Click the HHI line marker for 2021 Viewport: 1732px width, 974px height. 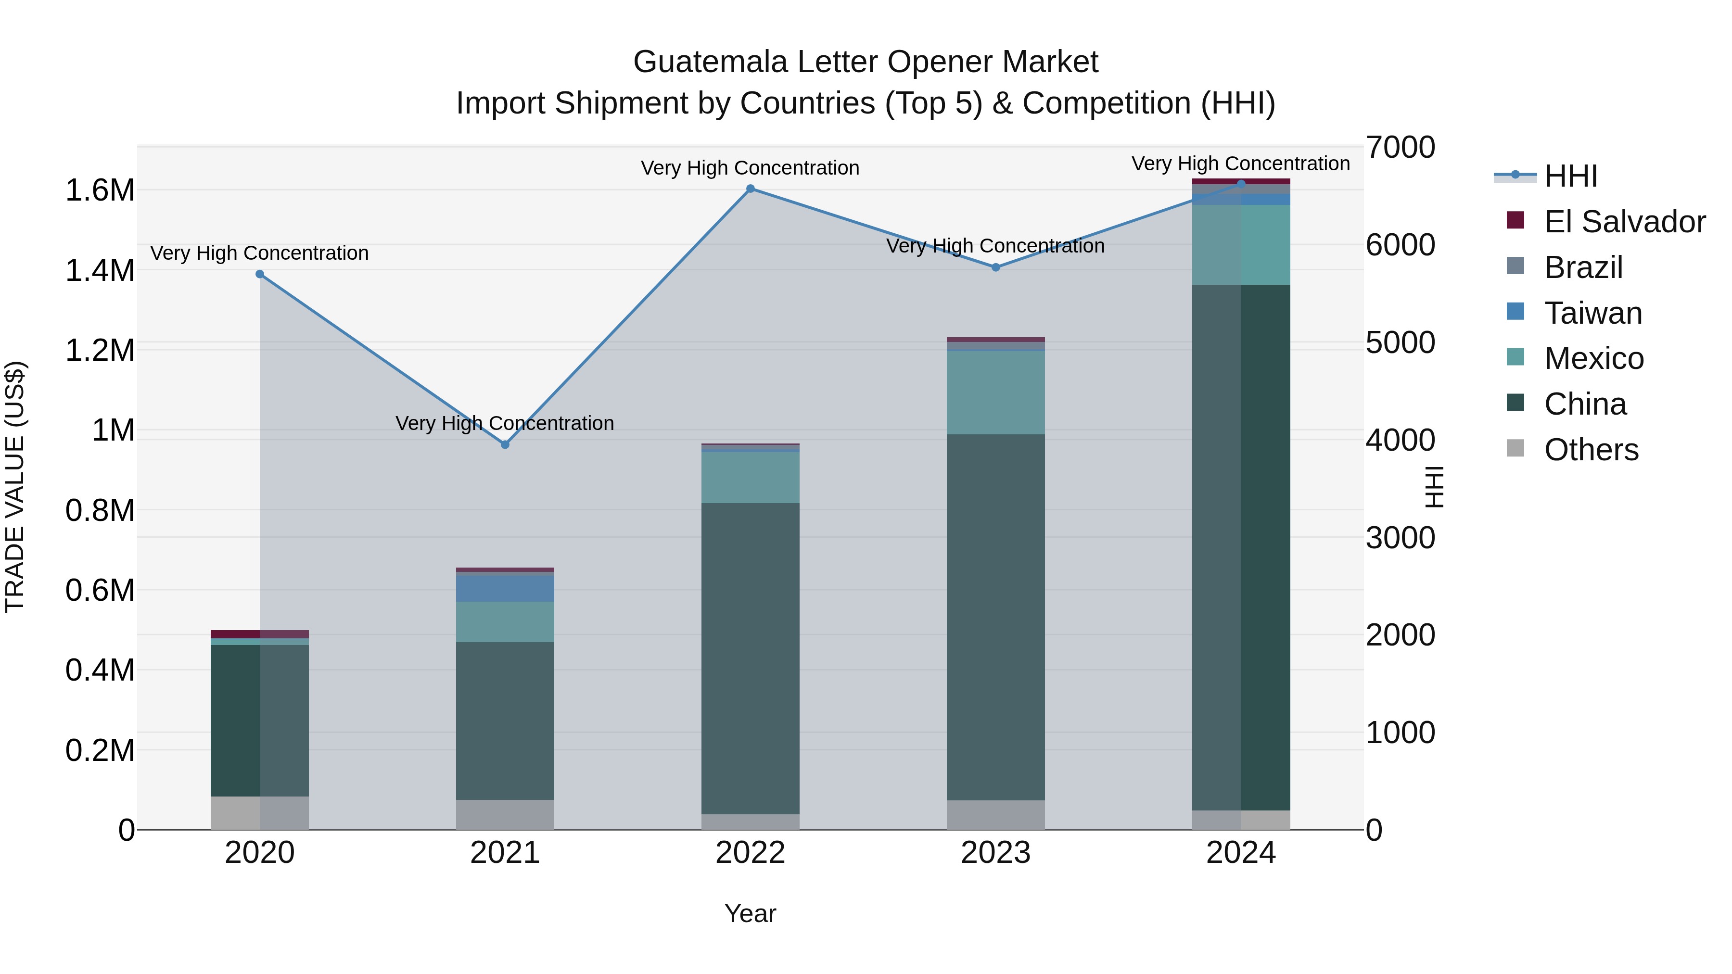[x=505, y=444]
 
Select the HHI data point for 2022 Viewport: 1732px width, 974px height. [x=751, y=189]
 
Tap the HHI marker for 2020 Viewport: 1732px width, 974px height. [x=259, y=274]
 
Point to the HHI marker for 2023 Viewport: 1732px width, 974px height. [x=996, y=267]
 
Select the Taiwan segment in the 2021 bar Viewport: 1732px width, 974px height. [x=505, y=589]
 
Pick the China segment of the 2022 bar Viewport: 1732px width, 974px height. [x=751, y=659]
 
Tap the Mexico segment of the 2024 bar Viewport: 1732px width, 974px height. [x=1241, y=245]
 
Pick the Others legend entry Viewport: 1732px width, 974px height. [x=1591, y=450]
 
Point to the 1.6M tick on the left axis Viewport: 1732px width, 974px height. [x=100, y=190]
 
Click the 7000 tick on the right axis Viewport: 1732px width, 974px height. [x=1400, y=147]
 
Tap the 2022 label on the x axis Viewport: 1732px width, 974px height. [x=751, y=853]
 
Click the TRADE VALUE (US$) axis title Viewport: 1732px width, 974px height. [x=15, y=487]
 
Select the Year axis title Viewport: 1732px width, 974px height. [x=751, y=913]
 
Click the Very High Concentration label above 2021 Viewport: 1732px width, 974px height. [x=505, y=423]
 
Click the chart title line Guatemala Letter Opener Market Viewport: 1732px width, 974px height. [x=866, y=62]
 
